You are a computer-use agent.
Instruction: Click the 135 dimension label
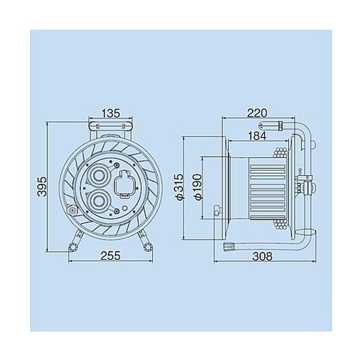click(x=111, y=113)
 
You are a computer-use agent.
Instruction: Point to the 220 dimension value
click(x=256, y=113)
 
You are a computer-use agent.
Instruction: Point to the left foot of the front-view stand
click(x=72, y=245)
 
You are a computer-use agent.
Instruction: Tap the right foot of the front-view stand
click(x=148, y=245)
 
